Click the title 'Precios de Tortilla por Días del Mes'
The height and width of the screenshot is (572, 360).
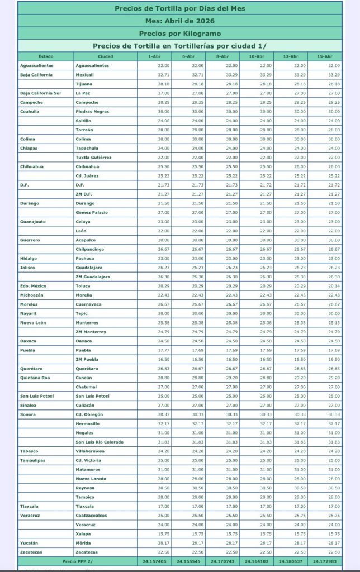tap(179, 8)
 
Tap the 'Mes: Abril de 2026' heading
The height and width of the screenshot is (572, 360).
tap(179, 21)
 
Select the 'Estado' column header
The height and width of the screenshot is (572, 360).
tap(46, 56)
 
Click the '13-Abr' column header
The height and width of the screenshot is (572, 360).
tap(290, 56)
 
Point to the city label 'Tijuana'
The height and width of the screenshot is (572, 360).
tap(84, 84)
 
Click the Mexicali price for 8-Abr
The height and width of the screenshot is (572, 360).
tap(231, 75)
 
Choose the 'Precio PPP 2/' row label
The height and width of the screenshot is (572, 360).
tap(77, 561)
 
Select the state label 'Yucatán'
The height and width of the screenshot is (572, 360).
tap(29, 543)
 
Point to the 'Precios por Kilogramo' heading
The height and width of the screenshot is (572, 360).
tap(179, 34)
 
